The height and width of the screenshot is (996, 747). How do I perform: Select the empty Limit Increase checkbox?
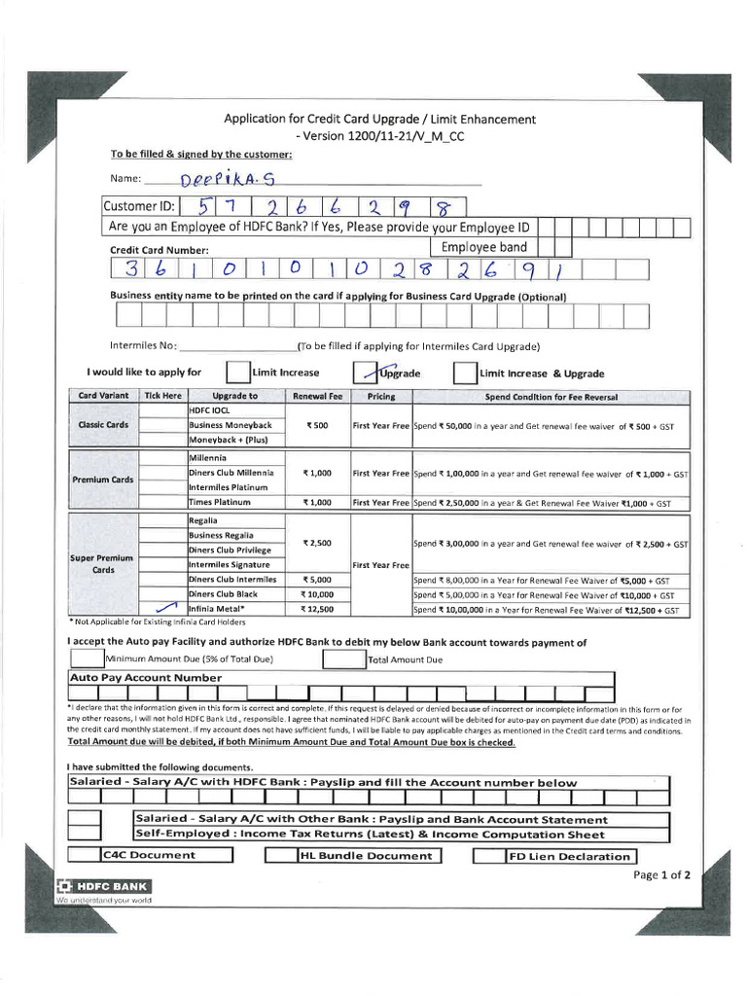click(237, 373)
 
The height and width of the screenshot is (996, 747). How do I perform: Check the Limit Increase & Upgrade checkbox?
click(465, 373)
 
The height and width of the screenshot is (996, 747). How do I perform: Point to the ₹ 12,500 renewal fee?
click(317, 610)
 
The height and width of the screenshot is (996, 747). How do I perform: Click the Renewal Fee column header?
click(317, 397)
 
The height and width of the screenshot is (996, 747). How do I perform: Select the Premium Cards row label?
click(102, 480)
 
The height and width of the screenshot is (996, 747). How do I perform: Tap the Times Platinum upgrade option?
click(220, 503)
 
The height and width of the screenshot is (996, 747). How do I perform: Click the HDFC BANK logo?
click(103, 886)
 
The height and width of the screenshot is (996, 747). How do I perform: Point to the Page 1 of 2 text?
click(661, 874)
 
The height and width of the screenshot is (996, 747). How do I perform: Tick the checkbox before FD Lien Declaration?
click(488, 857)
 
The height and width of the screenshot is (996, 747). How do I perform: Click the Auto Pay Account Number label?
click(146, 678)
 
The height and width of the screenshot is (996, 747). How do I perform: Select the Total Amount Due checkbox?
click(343, 659)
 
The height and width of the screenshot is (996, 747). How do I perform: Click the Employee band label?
click(483, 247)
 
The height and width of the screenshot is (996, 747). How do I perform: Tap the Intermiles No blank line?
click(237, 347)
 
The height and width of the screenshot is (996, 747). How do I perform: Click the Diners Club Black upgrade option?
click(223, 594)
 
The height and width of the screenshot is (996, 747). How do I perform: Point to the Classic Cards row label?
click(103, 425)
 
